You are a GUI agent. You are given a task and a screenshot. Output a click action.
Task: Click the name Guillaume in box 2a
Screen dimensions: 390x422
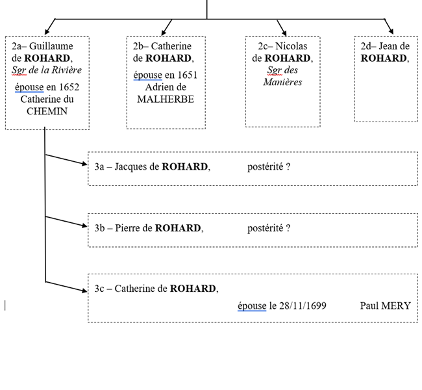[x=51, y=46]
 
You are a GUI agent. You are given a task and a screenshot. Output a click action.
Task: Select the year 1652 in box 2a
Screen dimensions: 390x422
[x=69, y=87]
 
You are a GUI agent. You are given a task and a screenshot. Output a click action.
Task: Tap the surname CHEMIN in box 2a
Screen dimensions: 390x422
[x=47, y=111]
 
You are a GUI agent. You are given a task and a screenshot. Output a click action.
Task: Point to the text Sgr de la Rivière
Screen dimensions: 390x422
[x=47, y=70]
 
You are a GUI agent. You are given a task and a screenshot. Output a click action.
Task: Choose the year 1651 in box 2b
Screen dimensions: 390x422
[x=186, y=75]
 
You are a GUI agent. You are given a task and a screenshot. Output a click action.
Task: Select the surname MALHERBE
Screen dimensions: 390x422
[x=166, y=99]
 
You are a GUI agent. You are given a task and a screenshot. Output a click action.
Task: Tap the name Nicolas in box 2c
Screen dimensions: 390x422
[x=291, y=46]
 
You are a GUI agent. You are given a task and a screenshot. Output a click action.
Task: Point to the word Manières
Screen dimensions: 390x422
[x=282, y=82]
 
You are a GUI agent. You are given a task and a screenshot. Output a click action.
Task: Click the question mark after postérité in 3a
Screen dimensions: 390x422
[x=288, y=166]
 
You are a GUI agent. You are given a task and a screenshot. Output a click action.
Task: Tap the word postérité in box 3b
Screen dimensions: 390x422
[x=266, y=228]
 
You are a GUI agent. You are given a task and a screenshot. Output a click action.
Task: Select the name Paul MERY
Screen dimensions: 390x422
[x=385, y=305]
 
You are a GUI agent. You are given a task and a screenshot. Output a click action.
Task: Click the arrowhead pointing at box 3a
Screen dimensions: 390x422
[x=84, y=164]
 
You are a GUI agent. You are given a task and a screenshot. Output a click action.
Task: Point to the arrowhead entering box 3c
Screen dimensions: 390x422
[x=84, y=290]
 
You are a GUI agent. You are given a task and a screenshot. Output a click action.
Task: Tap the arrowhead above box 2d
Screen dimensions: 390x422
[x=390, y=31]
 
